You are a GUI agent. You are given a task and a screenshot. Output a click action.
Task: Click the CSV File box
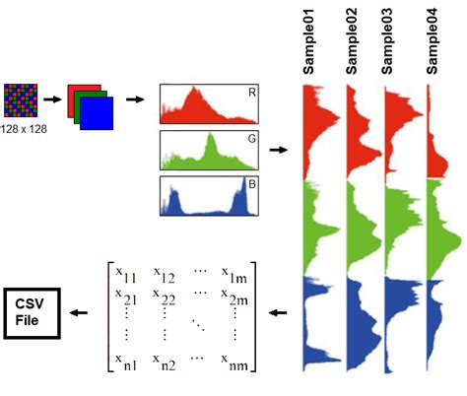click(x=32, y=313)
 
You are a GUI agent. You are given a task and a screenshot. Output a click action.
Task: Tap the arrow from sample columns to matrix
click(x=278, y=314)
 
